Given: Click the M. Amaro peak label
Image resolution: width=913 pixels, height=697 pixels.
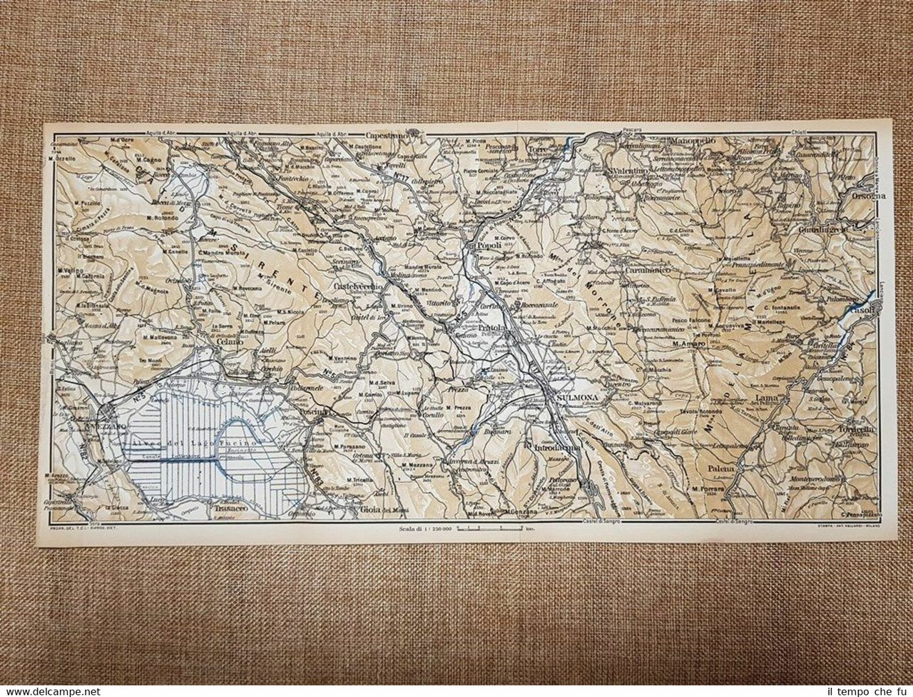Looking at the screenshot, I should coord(688,344).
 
